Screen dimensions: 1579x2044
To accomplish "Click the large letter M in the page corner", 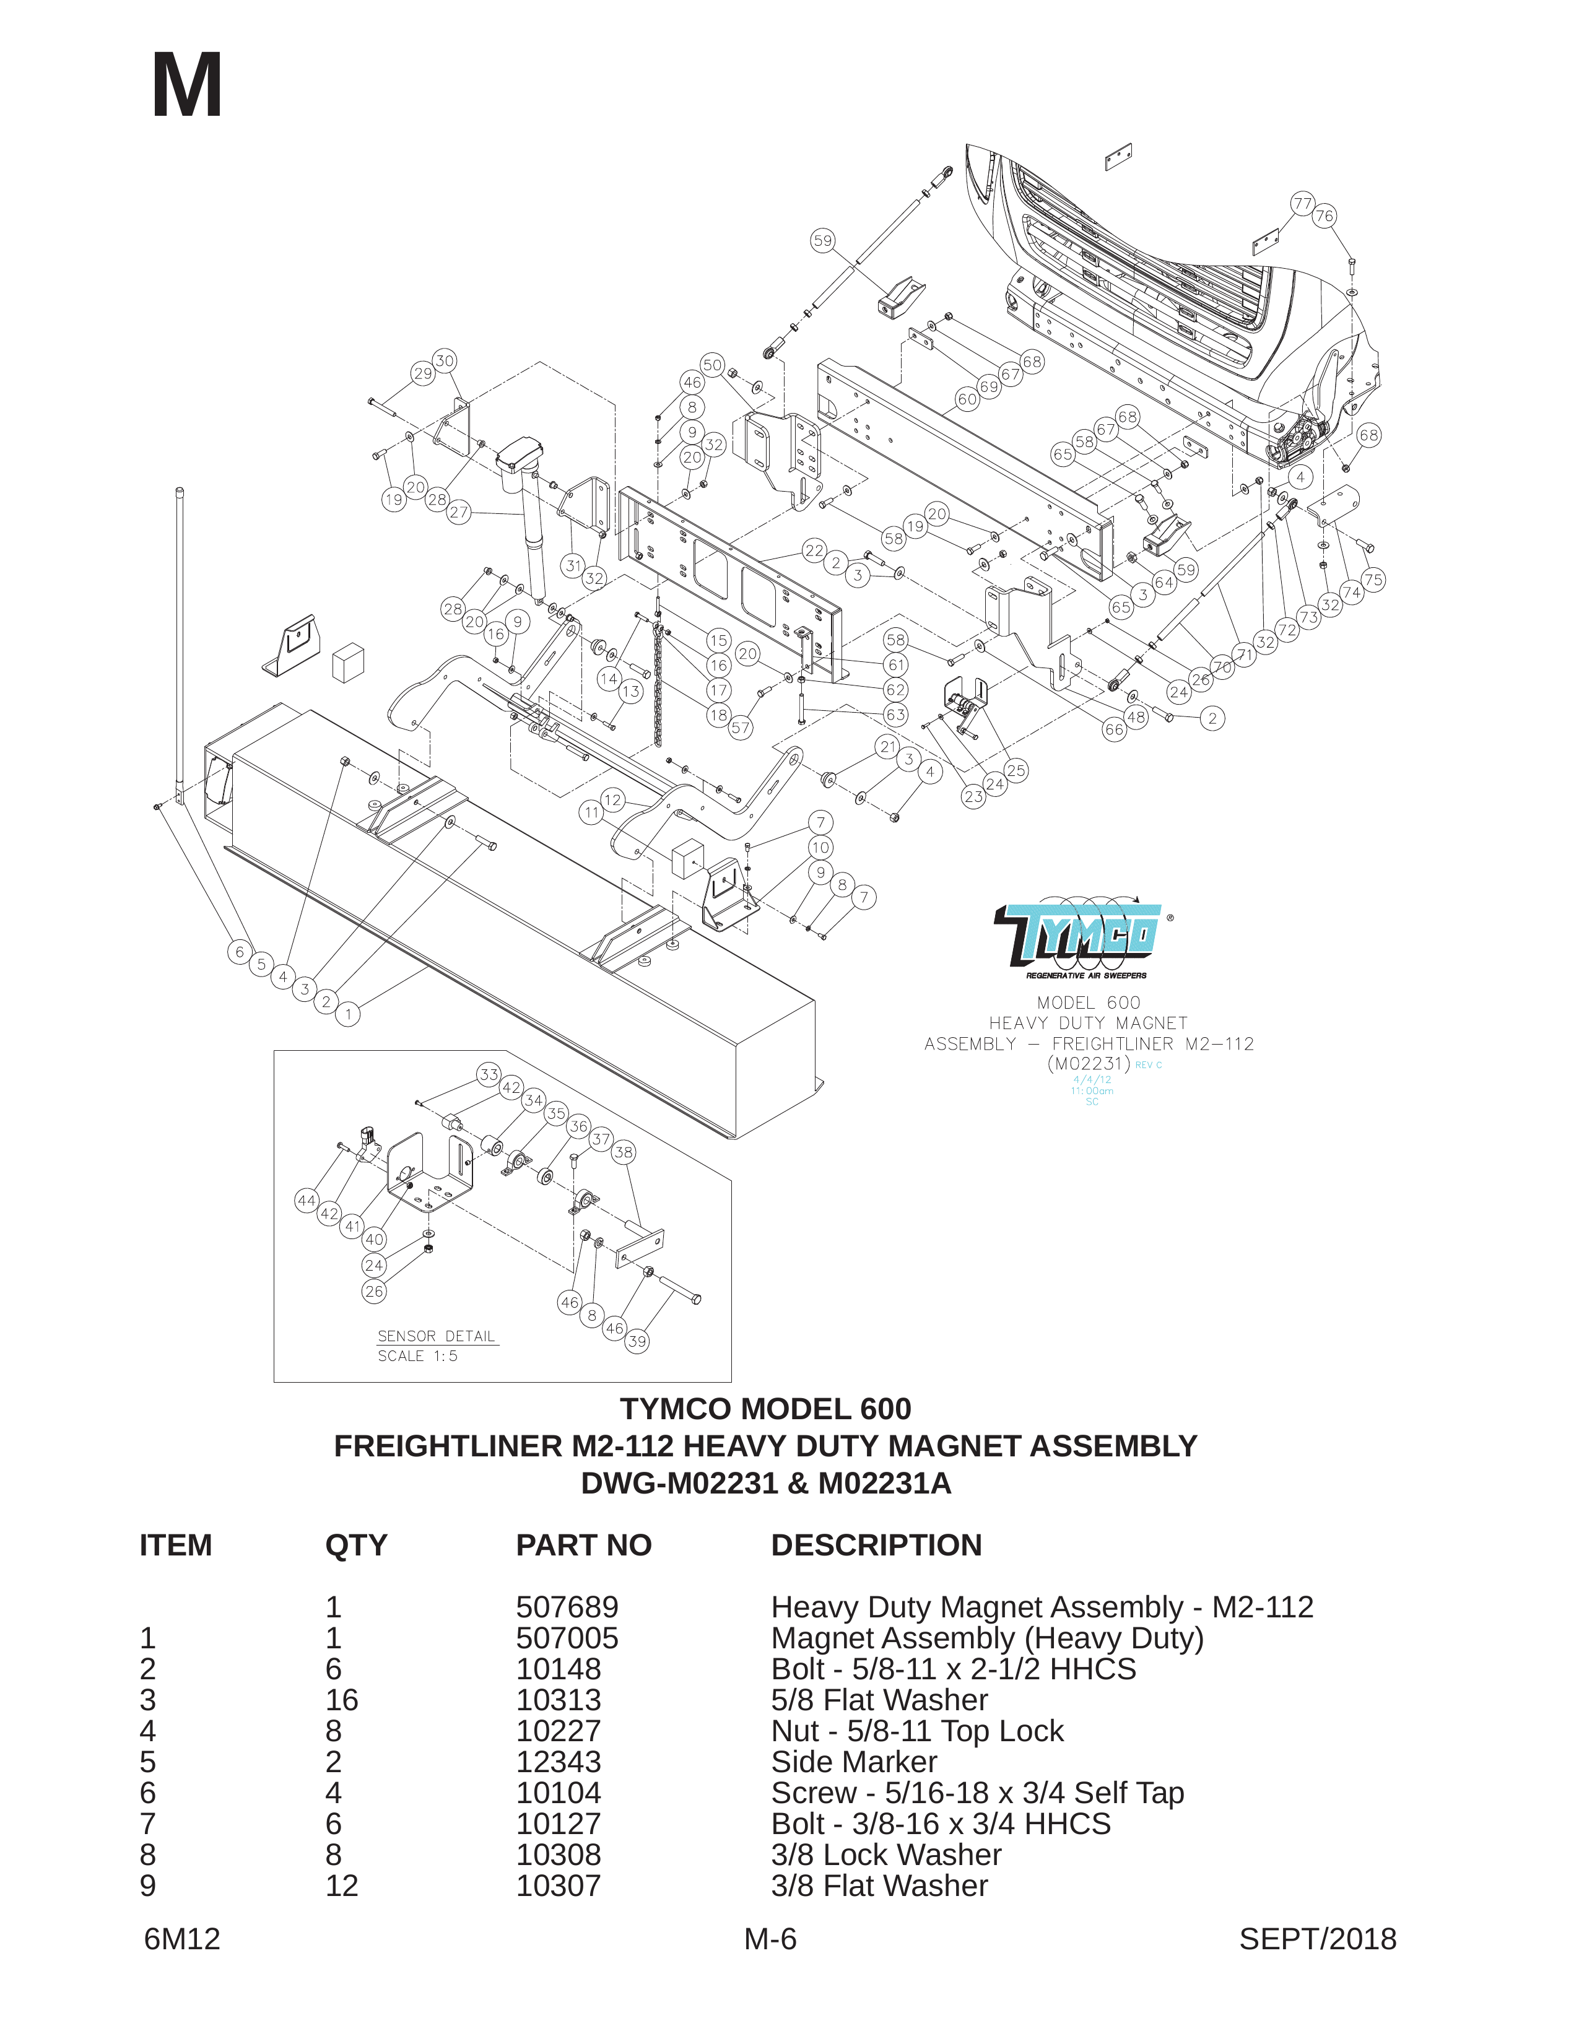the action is point(186,86).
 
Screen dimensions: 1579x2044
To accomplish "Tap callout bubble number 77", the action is point(1302,203).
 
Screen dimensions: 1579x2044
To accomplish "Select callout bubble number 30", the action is point(445,360).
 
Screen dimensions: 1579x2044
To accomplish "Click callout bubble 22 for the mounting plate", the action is point(814,550).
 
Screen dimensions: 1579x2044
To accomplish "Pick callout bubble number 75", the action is point(1373,580).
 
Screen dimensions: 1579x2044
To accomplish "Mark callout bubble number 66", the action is point(1114,729).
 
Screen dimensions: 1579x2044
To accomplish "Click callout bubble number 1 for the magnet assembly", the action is point(348,1014).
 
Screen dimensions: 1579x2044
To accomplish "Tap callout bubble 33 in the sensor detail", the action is point(489,1074).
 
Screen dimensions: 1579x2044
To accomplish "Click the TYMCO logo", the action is point(1082,937).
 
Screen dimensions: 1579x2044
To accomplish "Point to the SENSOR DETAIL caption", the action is point(436,1336).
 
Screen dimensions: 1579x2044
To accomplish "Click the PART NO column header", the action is point(583,1545).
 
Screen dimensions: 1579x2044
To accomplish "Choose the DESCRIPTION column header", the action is point(876,1545).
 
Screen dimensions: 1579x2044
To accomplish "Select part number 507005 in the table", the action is point(567,1638).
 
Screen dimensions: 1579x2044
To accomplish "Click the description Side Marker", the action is point(854,1762).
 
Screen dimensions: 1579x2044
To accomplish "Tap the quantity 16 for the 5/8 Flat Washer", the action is point(342,1700).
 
